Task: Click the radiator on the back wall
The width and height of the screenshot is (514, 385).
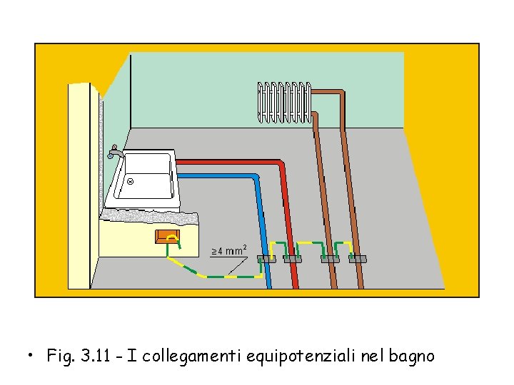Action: [284, 102]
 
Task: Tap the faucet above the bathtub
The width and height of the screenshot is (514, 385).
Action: [115, 153]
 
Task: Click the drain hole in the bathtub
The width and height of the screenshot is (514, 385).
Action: [131, 182]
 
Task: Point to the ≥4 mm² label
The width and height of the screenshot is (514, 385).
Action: [229, 251]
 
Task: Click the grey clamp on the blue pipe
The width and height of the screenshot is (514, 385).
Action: [266, 259]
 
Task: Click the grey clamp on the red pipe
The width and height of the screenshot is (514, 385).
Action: [293, 259]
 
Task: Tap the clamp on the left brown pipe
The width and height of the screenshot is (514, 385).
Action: [329, 259]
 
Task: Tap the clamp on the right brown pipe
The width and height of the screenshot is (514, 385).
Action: [356, 259]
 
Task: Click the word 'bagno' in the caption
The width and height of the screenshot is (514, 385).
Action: [411, 355]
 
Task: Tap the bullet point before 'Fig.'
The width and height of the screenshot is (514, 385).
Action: [29, 354]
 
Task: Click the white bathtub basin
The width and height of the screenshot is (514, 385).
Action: [146, 178]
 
